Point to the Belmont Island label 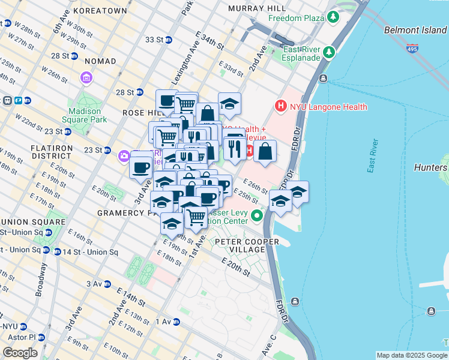415,29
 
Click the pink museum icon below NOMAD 86,78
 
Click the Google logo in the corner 19,353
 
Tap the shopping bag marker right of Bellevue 265,151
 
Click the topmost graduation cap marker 229,104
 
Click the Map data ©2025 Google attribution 412,355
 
